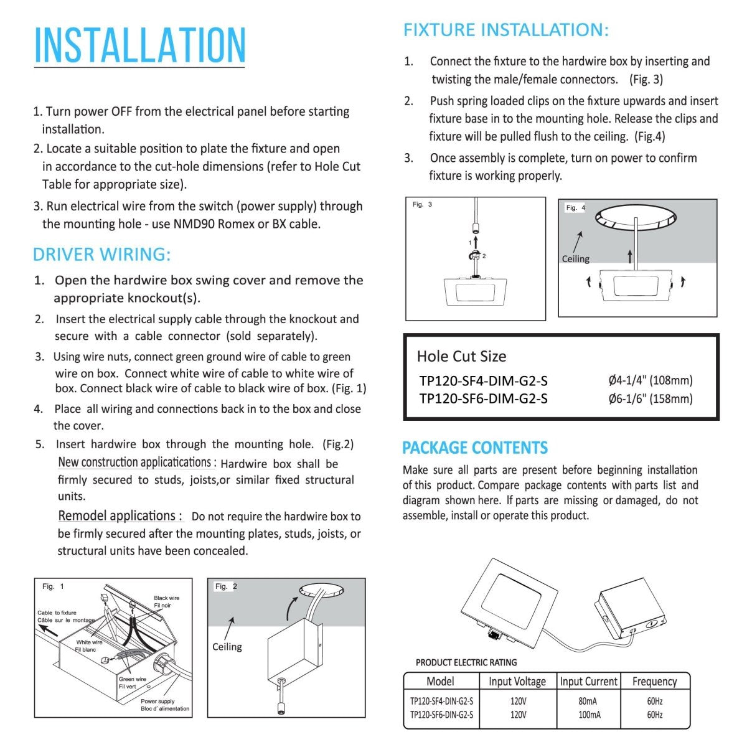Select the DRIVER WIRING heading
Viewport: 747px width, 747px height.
point(101,255)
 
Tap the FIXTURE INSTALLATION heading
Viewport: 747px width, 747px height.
point(505,30)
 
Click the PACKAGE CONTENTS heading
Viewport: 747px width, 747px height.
point(474,448)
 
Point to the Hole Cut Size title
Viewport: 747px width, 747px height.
point(461,356)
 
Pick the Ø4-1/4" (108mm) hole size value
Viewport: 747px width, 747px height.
point(650,380)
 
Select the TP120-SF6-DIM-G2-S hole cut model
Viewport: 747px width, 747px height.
point(483,398)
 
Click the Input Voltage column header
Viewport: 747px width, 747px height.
point(517,682)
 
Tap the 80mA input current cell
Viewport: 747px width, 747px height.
point(588,701)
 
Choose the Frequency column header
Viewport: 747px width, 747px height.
point(654,682)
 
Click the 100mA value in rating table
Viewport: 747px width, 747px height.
point(589,715)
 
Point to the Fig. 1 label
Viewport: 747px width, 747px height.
point(53,586)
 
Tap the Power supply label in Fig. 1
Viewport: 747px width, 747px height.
point(157,701)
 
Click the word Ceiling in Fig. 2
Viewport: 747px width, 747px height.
point(227,647)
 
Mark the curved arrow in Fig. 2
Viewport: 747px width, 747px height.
point(291,607)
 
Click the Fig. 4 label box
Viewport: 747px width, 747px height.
point(575,208)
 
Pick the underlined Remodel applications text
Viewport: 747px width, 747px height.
point(119,516)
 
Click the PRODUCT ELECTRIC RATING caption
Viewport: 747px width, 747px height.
point(466,662)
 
